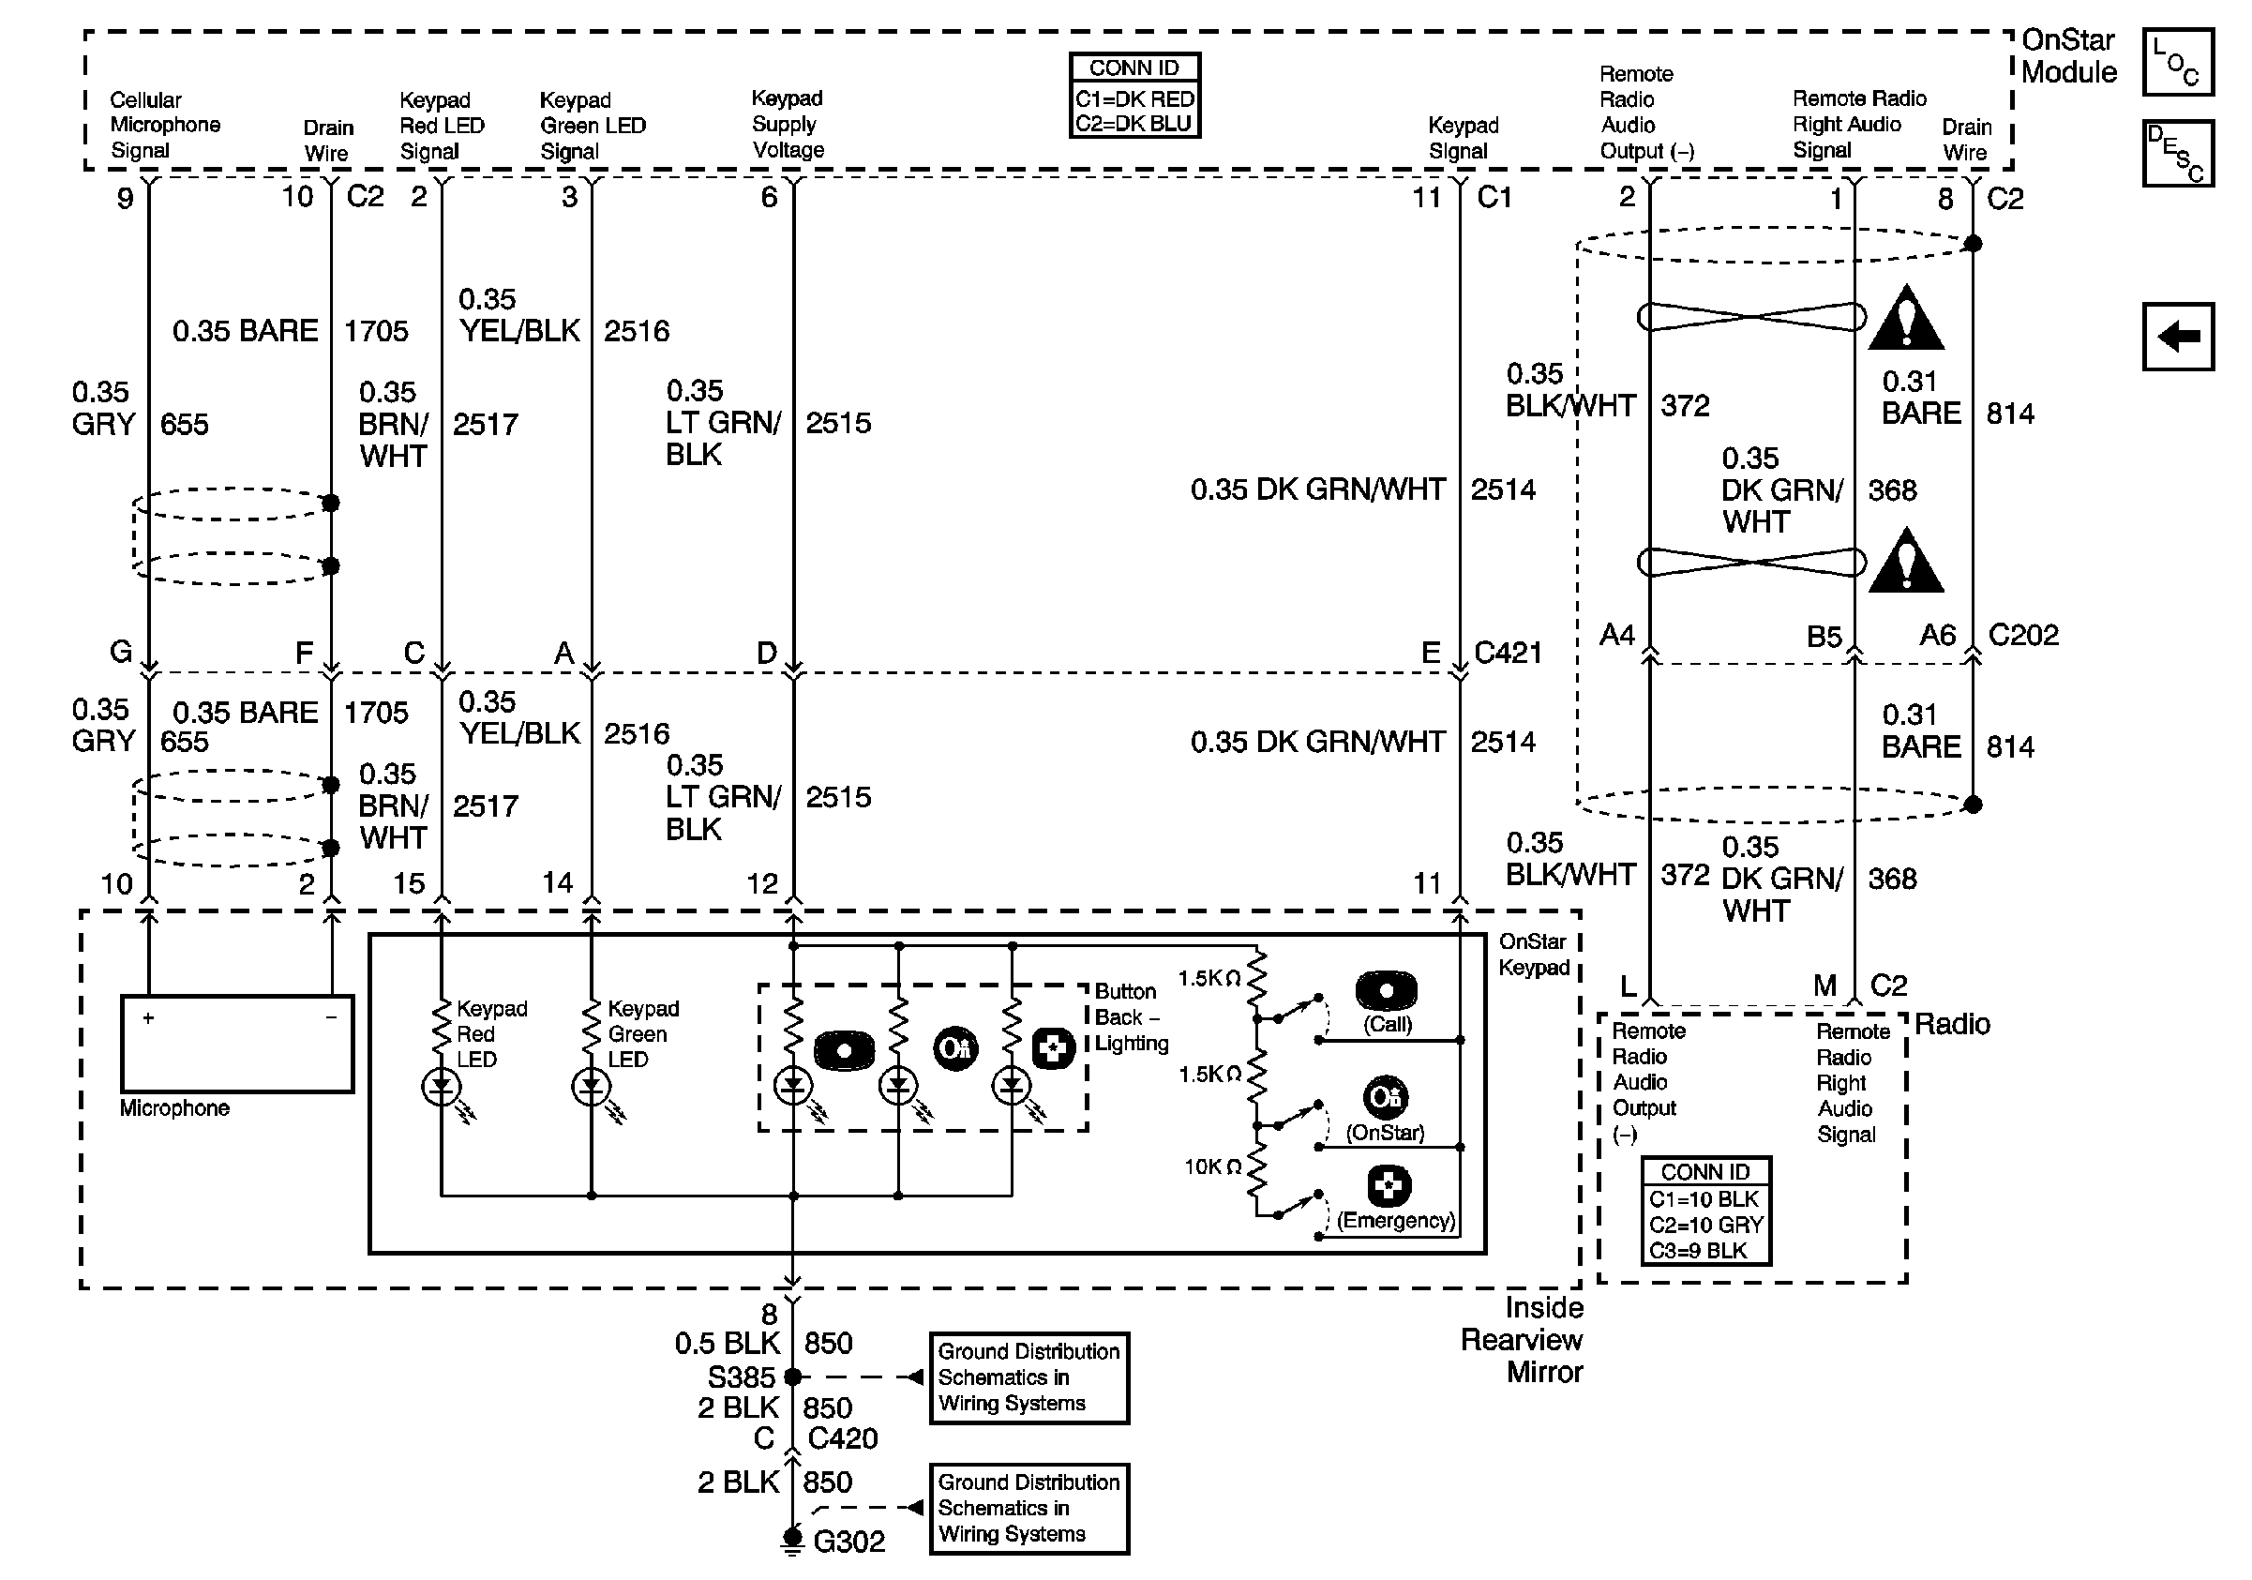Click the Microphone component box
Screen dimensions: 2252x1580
[x=236, y=1044]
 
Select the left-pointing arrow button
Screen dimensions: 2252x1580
[x=2177, y=337]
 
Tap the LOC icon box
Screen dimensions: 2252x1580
[x=2177, y=62]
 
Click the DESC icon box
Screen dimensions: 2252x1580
[x=2177, y=153]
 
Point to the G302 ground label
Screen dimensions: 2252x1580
[x=848, y=1541]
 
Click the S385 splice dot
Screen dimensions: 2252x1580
[x=792, y=1377]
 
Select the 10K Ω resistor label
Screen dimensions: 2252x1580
[x=1212, y=1166]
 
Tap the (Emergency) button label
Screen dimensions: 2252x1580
[x=1396, y=1220]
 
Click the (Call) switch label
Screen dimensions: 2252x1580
[x=1387, y=1024]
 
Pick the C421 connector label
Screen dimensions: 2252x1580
[x=1508, y=653]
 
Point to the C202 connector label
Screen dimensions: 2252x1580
[x=2022, y=635]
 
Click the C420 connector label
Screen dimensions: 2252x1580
[x=843, y=1437]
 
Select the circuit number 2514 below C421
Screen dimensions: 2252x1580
[x=1503, y=742]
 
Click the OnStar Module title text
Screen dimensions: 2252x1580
[x=2069, y=56]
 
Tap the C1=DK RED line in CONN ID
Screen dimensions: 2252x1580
[x=1134, y=99]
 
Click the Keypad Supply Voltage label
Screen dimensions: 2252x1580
[x=788, y=124]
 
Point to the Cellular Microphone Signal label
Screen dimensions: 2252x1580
[x=165, y=125]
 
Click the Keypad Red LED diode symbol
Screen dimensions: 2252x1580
[x=442, y=1086]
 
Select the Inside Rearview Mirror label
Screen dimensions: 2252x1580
[x=1522, y=1340]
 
